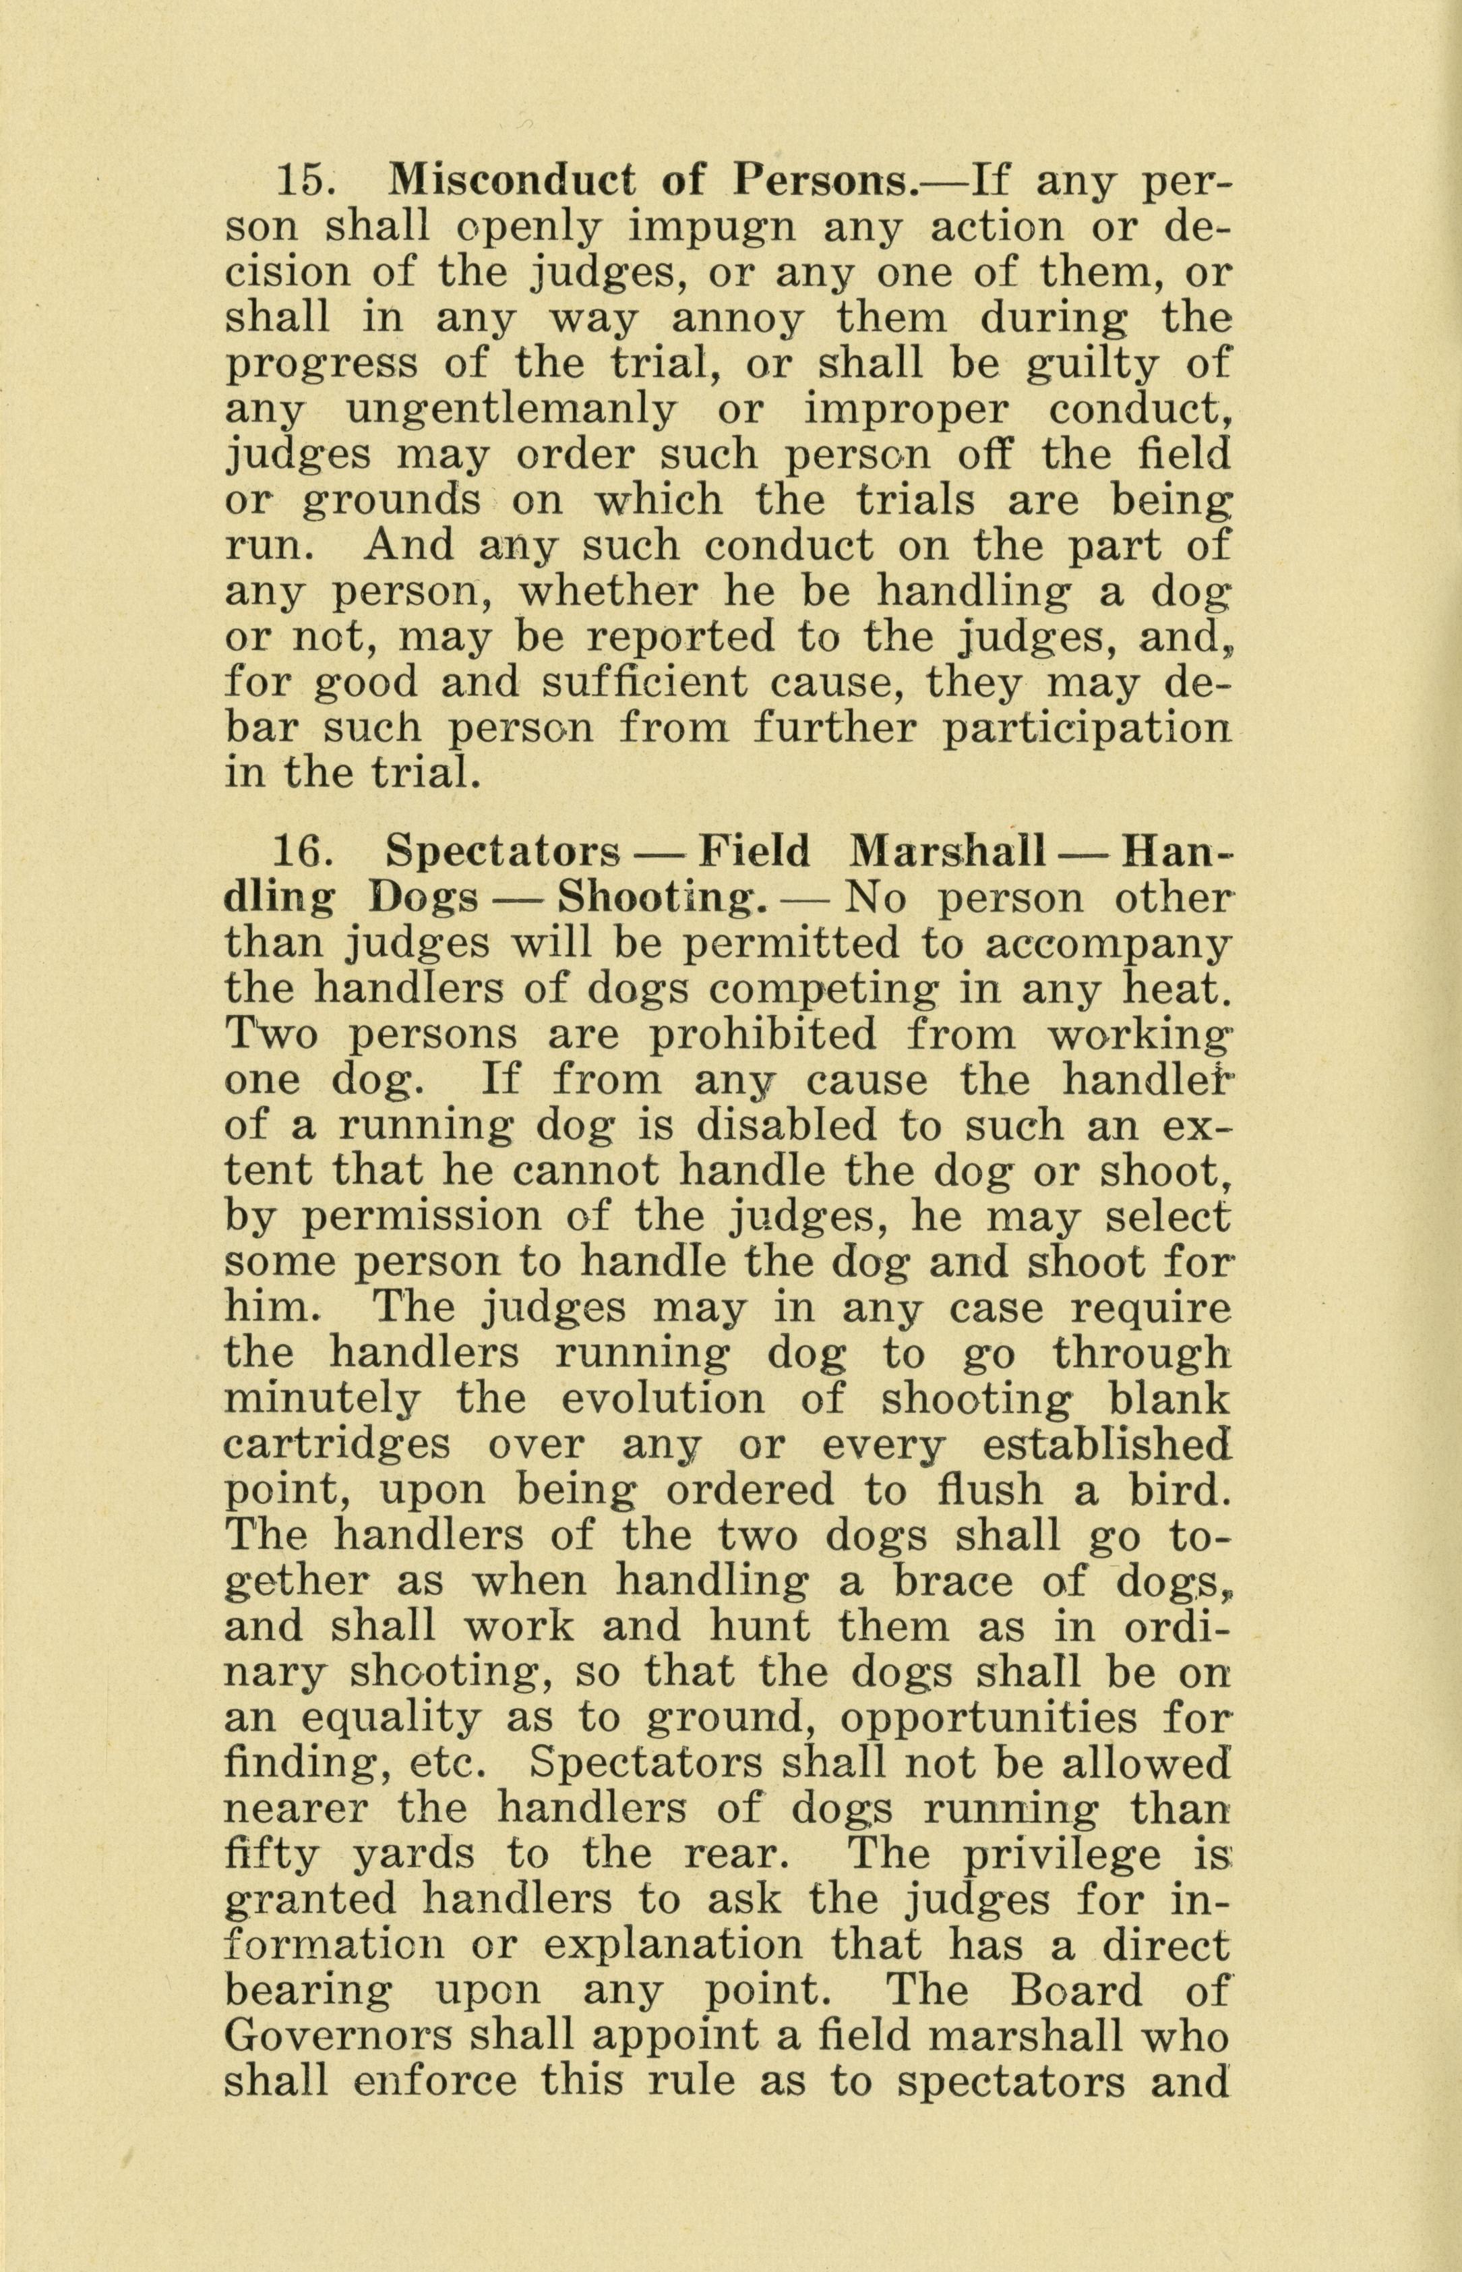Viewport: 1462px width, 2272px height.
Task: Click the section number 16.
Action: pyautogui.click(x=302, y=851)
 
